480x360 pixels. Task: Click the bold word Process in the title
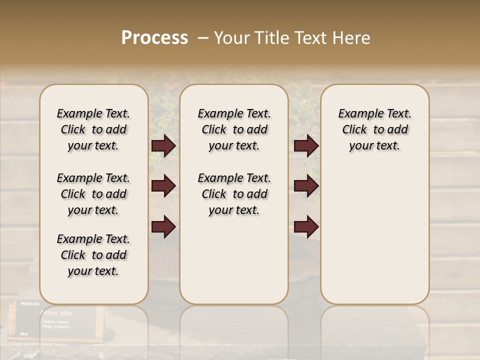tap(154, 38)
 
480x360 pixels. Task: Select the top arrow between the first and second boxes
tap(163, 146)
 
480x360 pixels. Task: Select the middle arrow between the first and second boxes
tap(163, 186)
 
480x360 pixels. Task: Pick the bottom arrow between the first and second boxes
tap(163, 227)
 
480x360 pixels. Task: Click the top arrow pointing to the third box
tap(306, 146)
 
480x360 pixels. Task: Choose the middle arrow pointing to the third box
tap(306, 186)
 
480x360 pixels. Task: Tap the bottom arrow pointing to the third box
tap(306, 227)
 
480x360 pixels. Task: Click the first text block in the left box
tap(93, 129)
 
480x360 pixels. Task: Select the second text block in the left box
tap(93, 194)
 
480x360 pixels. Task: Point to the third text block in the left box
tap(93, 255)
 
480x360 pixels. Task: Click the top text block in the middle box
tap(234, 129)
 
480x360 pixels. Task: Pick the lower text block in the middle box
tap(234, 194)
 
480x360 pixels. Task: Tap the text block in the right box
tap(375, 129)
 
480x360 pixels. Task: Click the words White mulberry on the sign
tap(56, 326)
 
